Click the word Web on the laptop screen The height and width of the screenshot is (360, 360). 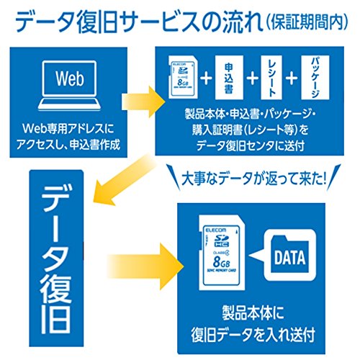click(70, 78)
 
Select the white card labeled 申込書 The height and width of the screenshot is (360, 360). click(229, 77)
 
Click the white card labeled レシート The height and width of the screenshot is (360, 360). click(271, 77)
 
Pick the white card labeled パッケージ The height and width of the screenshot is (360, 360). click(315, 77)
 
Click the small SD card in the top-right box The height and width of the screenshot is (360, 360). click(183, 77)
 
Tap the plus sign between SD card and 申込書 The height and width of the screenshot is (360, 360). click(207, 78)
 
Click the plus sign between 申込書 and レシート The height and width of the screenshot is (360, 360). click(252, 78)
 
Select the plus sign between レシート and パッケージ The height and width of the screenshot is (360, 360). click(292, 78)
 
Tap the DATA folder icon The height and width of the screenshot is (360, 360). click(290, 255)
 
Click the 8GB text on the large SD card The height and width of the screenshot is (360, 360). click(221, 261)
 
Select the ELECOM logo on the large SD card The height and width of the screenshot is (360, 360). click(216, 230)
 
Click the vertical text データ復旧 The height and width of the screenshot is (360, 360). click(56, 258)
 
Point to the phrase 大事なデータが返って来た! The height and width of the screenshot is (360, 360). click(253, 179)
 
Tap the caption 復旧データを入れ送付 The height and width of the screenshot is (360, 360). click(253, 335)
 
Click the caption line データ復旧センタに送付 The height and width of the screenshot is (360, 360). click(251, 145)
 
